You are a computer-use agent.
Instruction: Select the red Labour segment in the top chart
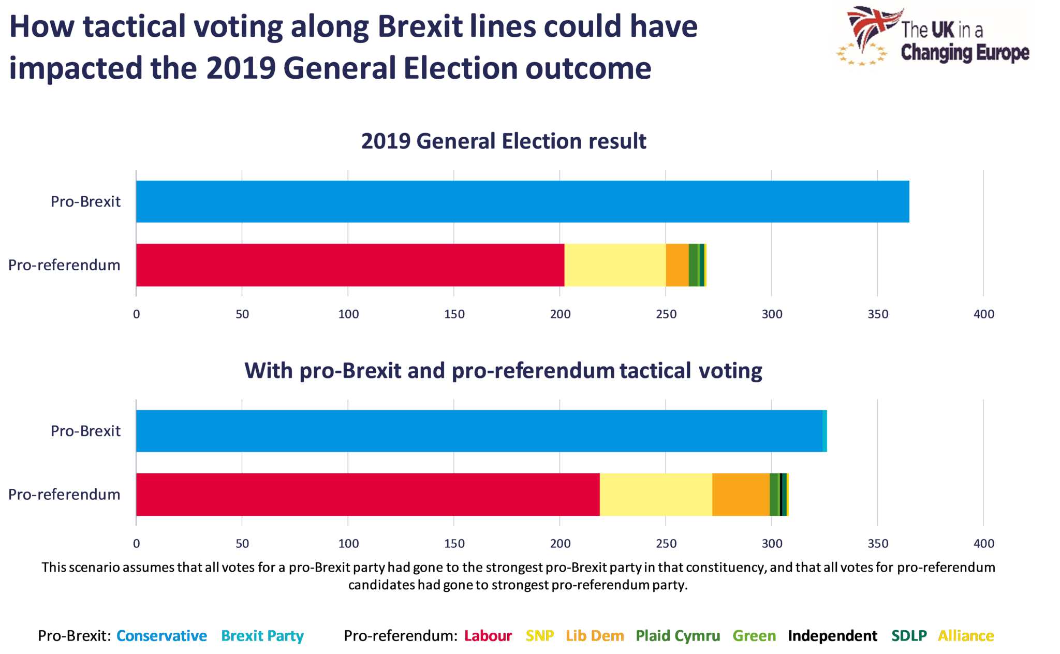coord(350,265)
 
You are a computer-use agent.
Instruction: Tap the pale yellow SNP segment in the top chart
coord(614,265)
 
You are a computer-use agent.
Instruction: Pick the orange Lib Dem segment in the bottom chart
coord(740,494)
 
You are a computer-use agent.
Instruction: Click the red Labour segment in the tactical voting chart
coord(367,494)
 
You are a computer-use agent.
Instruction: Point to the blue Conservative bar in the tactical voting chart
coord(479,431)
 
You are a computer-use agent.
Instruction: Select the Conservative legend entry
coord(161,635)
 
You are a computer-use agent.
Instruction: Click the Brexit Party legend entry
coord(262,635)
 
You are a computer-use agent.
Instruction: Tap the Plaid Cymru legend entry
coord(678,635)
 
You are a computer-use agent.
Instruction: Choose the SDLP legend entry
coord(908,635)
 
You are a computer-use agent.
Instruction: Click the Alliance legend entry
coord(966,635)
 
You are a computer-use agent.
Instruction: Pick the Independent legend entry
coord(832,635)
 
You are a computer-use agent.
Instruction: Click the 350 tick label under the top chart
coord(878,314)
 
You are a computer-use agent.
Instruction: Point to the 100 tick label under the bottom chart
coord(348,543)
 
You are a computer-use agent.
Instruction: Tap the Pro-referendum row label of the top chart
coord(64,265)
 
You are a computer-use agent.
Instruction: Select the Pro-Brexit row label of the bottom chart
coord(85,431)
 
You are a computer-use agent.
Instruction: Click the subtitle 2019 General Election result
coord(504,141)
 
